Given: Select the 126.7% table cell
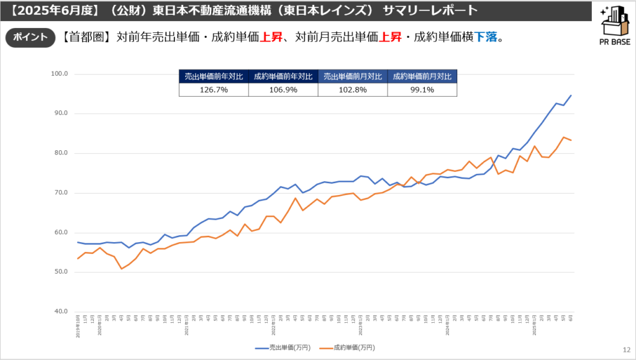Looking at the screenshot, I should pyautogui.click(x=214, y=90).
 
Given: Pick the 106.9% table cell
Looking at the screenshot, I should pyautogui.click(x=283, y=90).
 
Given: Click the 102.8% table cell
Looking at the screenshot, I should pyautogui.click(x=352, y=90).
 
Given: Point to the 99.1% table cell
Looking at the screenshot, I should pyautogui.click(x=422, y=90).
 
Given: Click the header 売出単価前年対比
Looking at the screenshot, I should pyautogui.click(x=214, y=77).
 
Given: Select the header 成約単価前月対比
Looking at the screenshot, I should pyautogui.click(x=422, y=77).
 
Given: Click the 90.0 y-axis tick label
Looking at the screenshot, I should pyautogui.click(x=61, y=114).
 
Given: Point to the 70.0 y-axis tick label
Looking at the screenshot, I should pyautogui.click(x=61, y=193).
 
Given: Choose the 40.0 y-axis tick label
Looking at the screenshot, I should pyautogui.click(x=61, y=312).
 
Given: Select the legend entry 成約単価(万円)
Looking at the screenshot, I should pyautogui.click(x=348, y=348).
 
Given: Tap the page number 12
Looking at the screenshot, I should pyautogui.click(x=626, y=350).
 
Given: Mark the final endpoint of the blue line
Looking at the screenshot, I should pyautogui.click(x=571, y=96).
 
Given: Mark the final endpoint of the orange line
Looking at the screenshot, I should pyautogui.click(x=571, y=140).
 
